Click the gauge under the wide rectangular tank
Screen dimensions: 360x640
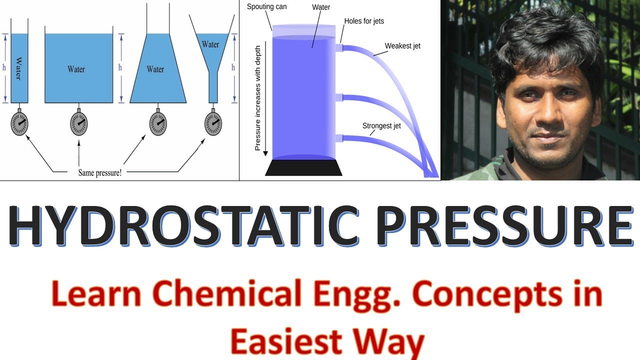coord(79,123)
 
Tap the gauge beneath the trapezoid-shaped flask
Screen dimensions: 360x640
coord(158,123)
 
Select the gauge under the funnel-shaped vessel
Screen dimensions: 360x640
coord(213,123)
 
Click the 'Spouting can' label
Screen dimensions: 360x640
coord(267,7)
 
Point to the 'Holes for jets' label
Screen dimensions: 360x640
coord(364,21)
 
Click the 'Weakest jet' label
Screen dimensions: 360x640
coord(402,46)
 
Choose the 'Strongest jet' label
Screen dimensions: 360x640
coord(381,125)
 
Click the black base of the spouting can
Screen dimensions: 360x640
coord(303,168)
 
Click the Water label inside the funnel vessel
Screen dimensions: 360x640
coord(210,44)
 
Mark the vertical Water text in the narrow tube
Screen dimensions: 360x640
coord(18,69)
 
